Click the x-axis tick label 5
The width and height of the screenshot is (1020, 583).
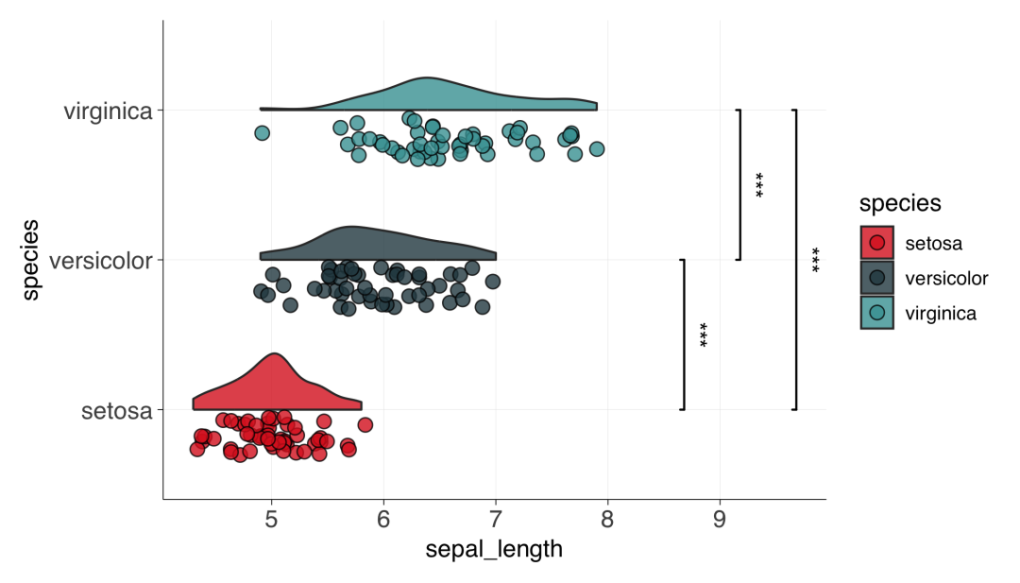tap(271, 520)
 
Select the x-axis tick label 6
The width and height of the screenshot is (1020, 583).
tap(383, 520)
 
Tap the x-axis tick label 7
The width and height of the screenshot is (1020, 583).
tap(496, 520)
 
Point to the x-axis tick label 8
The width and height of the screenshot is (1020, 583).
tap(607, 520)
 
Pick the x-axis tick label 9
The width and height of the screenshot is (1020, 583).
tap(720, 520)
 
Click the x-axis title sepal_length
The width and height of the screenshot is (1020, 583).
tap(494, 550)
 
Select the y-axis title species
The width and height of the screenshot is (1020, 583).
tap(30, 260)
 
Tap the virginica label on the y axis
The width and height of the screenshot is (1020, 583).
tap(108, 111)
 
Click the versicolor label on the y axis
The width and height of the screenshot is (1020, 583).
tap(101, 261)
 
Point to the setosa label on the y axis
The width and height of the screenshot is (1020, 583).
tap(117, 411)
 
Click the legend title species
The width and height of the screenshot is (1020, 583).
tap(900, 204)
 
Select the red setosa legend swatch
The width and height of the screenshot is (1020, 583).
tap(876, 243)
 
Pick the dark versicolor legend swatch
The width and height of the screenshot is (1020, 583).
tap(876, 278)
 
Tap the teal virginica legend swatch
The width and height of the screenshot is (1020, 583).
tap(876, 313)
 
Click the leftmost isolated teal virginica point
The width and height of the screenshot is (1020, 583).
tap(263, 133)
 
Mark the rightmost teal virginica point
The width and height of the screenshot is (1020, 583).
tap(597, 149)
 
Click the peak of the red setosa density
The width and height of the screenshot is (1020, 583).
tap(275, 354)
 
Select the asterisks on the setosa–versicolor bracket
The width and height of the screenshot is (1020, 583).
tap(704, 334)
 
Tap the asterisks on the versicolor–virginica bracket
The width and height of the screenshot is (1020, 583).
tap(759, 185)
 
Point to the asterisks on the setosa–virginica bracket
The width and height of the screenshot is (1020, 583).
tap(815, 260)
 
